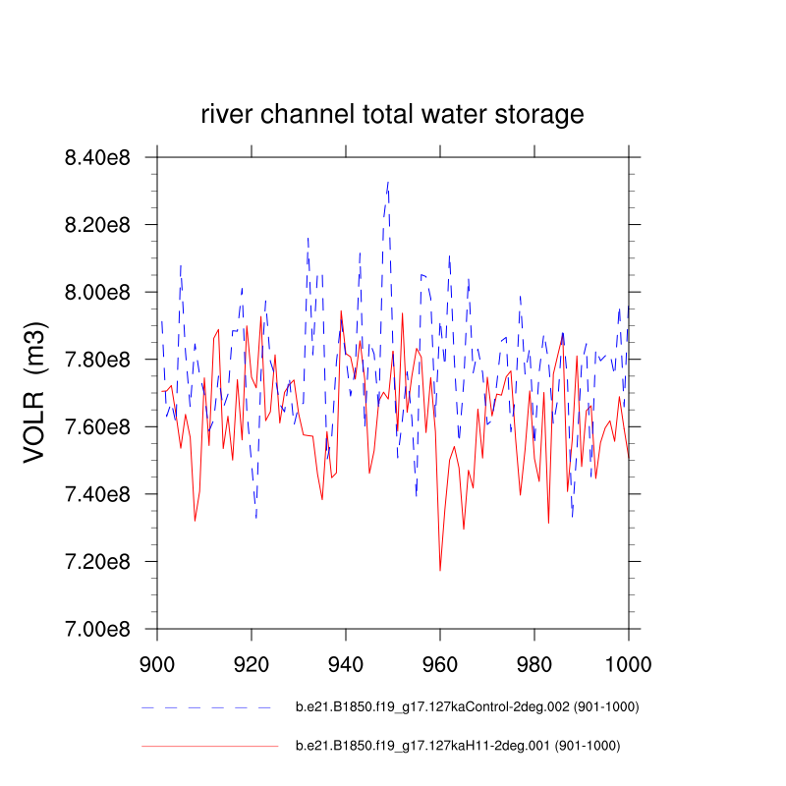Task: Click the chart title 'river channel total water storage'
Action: point(392,115)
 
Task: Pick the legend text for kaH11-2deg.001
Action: point(458,747)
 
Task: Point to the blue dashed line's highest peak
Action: point(388,182)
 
